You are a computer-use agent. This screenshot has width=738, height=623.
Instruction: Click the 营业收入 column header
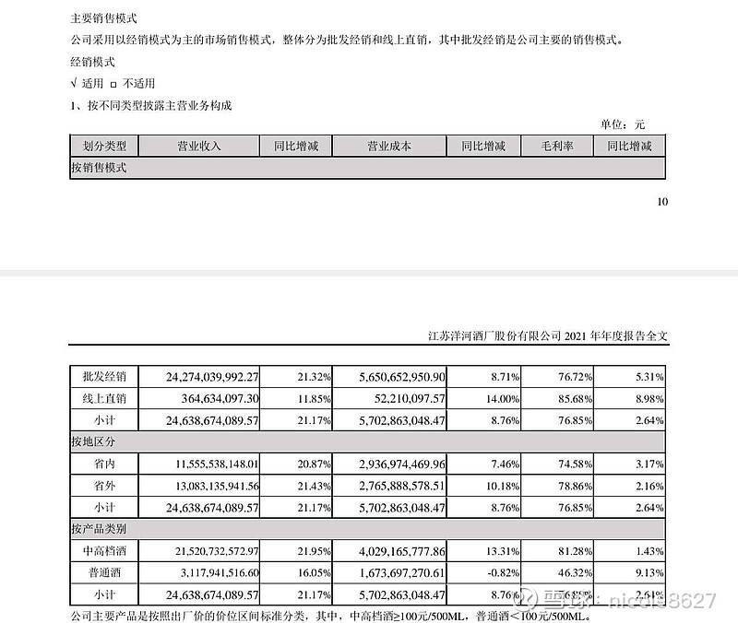pyautogui.click(x=198, y=146)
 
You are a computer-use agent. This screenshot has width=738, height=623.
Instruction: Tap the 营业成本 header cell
pyautogui.click(x=388, y=146)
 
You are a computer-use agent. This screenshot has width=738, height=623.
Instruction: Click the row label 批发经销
pyautogui.click(x=104, y=376)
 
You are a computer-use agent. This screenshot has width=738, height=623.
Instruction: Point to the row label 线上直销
pyautogui.click(x=104, y=398)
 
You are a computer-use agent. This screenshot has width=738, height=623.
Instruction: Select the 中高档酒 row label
pyautogui.click(x=104, y=551)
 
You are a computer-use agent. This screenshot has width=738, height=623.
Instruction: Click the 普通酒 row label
pyautogui.click(x=104, y=572)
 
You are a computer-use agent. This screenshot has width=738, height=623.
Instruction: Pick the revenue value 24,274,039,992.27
pyautogui.click(x=213, y=376)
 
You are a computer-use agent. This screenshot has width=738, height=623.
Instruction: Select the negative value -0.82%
pyautogui.click(x=489, y=572)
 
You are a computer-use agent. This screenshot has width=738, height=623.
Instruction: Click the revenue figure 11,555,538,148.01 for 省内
pyautogui.click(x=213, y=464)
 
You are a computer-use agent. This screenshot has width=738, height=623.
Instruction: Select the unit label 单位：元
pyautogui.click(x=624, y=124)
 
